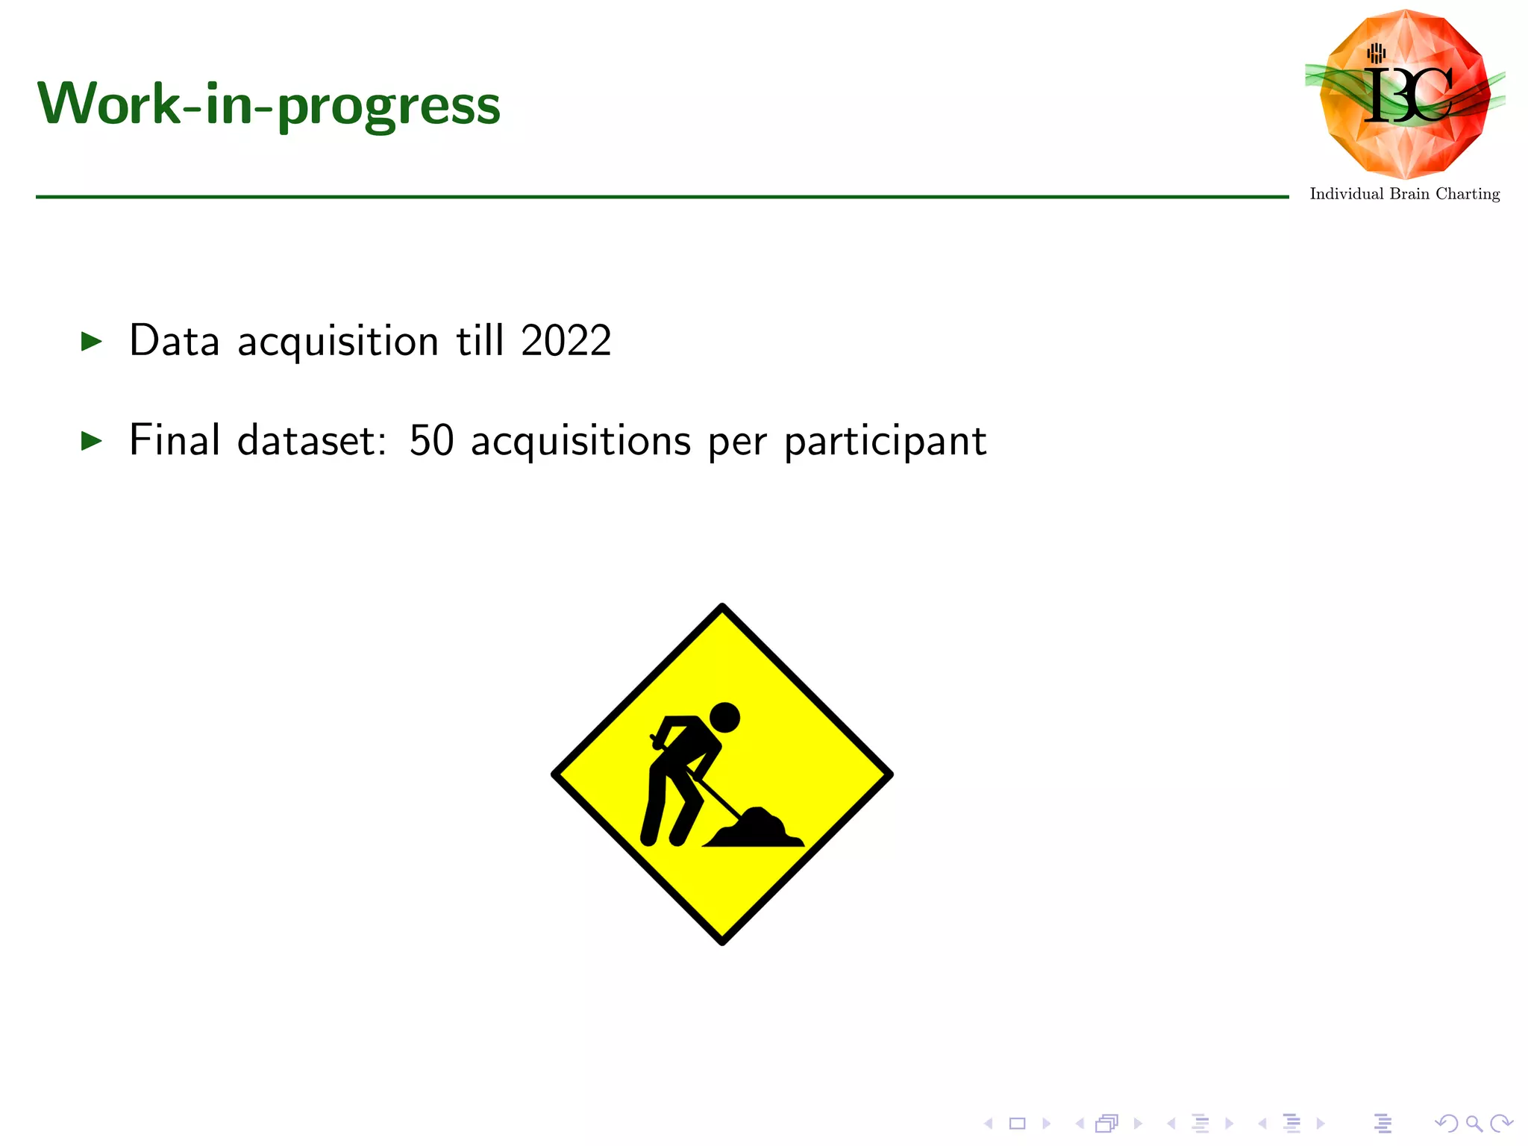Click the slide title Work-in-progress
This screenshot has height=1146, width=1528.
(x=269, y=104)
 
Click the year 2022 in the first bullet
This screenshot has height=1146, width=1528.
(x=566, y=341)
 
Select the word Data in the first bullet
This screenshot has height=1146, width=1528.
(x=174, y=341)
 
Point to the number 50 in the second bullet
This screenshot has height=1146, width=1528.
(x=431, y=440)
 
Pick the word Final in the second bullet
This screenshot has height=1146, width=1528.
(x=174, y=439)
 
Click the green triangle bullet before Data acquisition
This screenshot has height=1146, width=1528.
(x=91, y=342)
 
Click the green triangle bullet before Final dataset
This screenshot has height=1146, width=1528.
(x=91, y=441)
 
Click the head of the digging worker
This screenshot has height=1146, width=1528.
(x=724, y=718)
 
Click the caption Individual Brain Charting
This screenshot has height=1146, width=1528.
(x=1404, y=194)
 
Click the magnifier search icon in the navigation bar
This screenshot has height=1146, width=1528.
(x=1474, y=1123)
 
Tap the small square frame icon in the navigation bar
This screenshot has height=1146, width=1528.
(x=1017, y=1123)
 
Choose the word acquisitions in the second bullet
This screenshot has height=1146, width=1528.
(x=580, y=441)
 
